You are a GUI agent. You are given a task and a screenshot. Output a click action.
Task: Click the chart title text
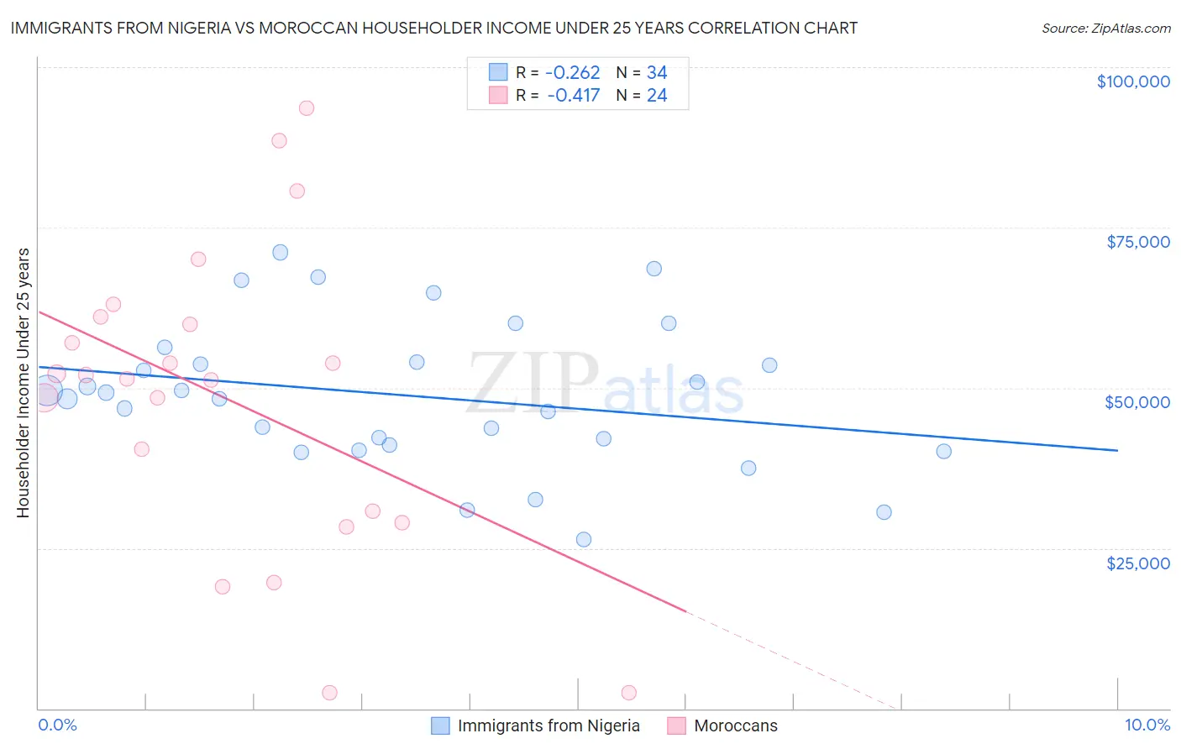coord(433,28)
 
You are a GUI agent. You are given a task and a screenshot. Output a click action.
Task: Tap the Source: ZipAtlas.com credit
coord(1105,29)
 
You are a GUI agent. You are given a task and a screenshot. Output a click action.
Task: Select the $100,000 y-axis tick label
coord(1133,81)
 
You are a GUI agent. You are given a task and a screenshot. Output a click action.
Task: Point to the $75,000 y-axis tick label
coord(1138,242)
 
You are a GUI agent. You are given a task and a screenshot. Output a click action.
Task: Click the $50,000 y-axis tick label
coord(1137,402)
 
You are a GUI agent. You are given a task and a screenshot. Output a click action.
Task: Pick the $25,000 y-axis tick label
coord(1138,563)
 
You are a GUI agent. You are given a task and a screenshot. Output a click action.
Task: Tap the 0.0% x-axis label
coord(57,725)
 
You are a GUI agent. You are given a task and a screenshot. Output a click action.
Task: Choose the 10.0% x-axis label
coord(1147,725)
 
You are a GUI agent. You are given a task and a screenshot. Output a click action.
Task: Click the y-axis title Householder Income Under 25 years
coord(23,382)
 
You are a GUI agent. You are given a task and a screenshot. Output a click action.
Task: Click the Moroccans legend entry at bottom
coord(735,725)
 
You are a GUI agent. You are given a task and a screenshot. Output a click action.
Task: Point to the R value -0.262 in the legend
coord(573,73)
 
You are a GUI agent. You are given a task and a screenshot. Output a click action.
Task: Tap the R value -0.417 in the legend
coord(573,96)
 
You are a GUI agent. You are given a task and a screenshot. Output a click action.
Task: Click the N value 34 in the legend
coord(657,73)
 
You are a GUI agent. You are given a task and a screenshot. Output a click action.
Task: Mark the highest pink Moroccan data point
coord(307,108)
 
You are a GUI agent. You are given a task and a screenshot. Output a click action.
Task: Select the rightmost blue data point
coord(943,451)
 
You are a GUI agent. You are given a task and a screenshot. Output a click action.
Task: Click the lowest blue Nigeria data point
coord(584,539)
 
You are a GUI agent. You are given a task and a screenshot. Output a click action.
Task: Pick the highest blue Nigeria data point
coord(281,252)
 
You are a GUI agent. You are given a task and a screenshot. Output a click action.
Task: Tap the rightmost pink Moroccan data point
coord(629,693)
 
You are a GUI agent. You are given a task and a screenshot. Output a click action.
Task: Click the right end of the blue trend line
coord(1117,450)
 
